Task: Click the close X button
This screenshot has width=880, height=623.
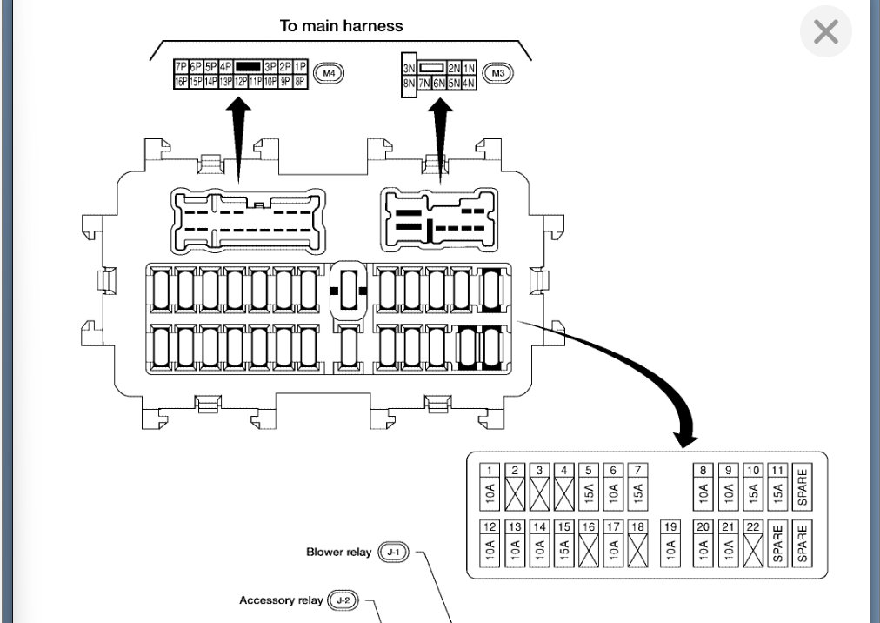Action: pyautogui.click(x=825, y=32)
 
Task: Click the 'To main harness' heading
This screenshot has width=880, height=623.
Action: pyautogui.click(x=341, y=25)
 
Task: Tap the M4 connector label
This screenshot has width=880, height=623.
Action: pyautogui.click(x=329, y=73)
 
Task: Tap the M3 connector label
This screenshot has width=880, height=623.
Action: pyautogui.click(x=497, y=73)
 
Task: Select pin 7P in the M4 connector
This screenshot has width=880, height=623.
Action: pyautogui.click(x=181, y=66)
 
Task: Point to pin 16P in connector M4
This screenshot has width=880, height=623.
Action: pyautogui.click(x=181, y=81)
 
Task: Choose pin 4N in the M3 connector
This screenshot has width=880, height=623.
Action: pyautogui.click(x=469, y=83)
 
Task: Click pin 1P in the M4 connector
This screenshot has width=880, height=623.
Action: pyautogui.click(x=301, y=66)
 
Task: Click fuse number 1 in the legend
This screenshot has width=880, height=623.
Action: pyautogui.click(x=490, y=486)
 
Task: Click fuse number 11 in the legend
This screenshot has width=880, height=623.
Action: pyautogui.click(x=777, y=486)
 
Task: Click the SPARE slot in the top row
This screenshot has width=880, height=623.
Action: pyautogui.click(x=802, y=486)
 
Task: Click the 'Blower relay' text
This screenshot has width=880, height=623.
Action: pyautogui.click(x=338, y=552)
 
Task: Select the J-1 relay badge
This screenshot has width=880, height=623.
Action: pyautogui.click(x=393, y=552)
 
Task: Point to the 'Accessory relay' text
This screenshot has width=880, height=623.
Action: pyautogui.click(x=281, y=600)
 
